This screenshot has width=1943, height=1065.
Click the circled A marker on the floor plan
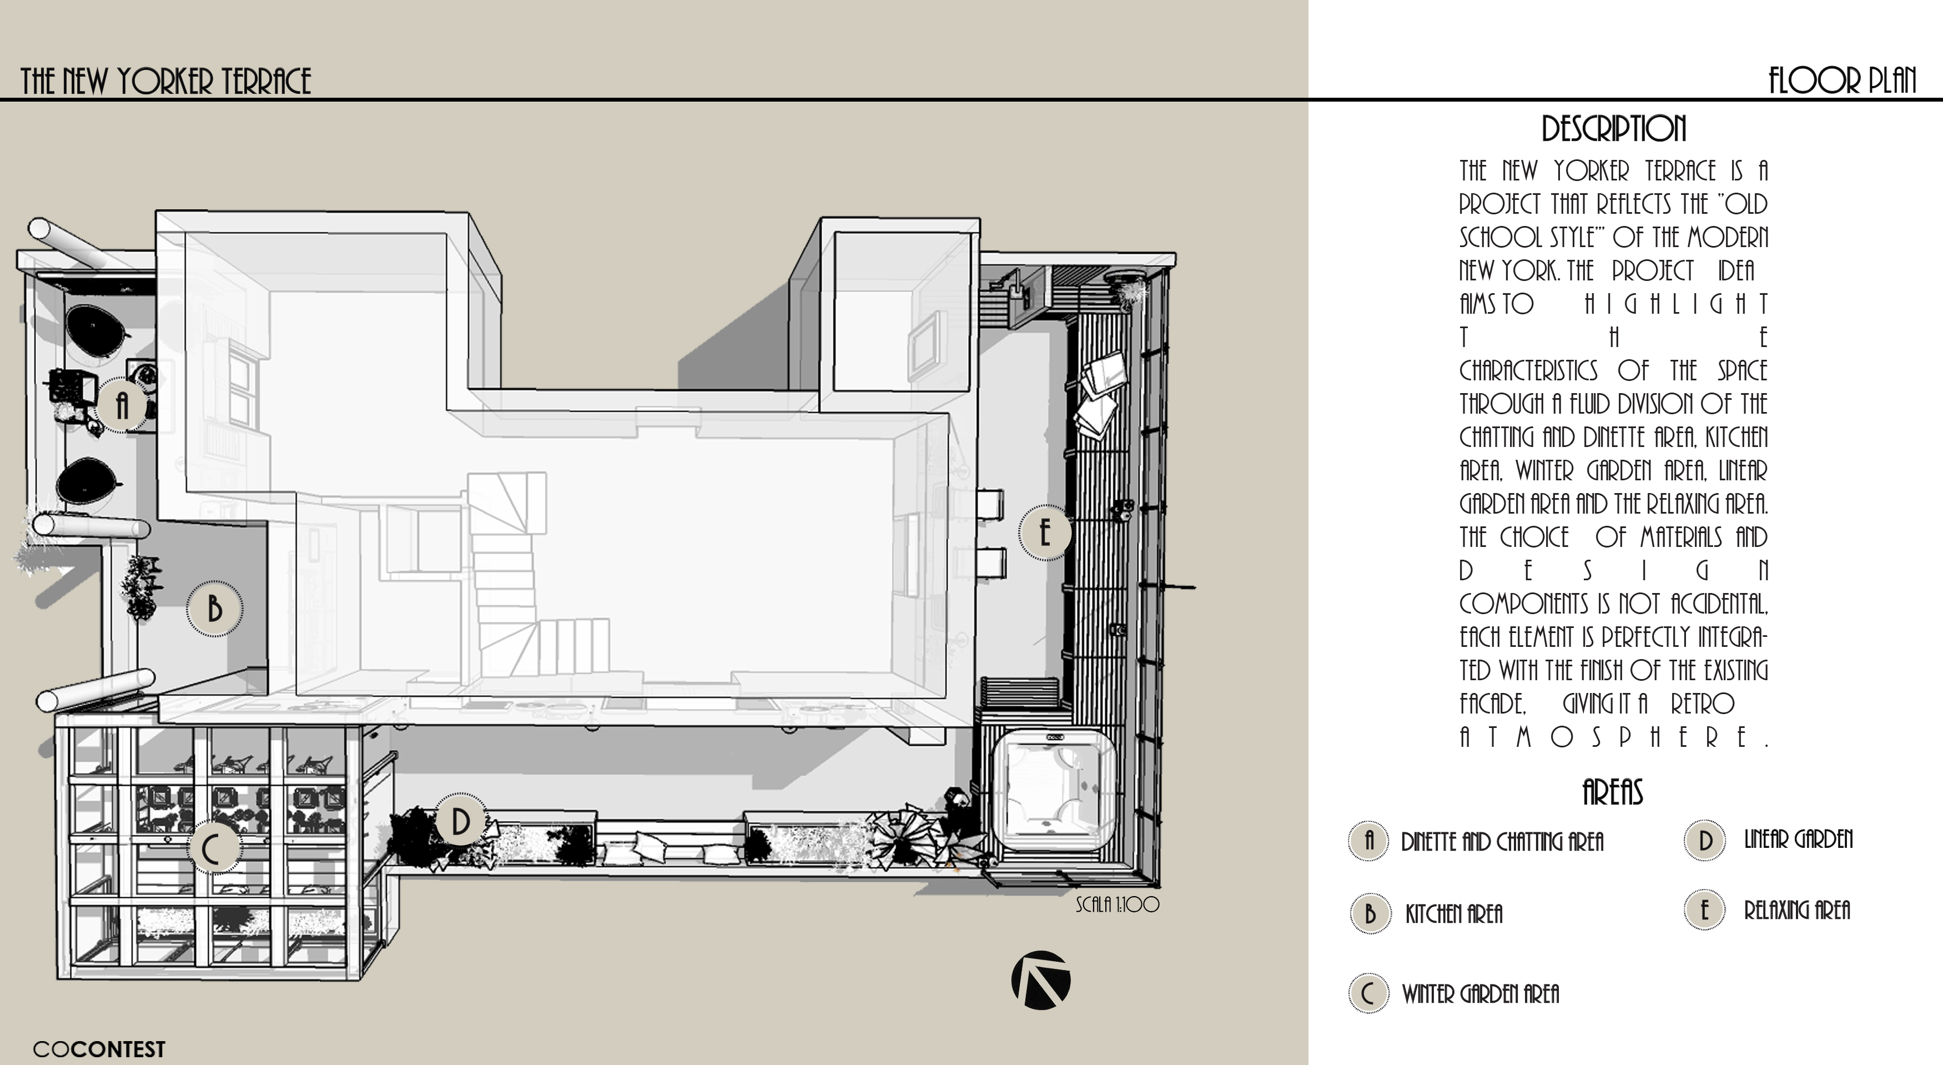pos(122,406)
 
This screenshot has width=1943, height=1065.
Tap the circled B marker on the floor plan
pos(215,609)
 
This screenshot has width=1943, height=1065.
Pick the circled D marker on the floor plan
pos(460,821)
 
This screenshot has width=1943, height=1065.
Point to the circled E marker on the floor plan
pos(1045,532)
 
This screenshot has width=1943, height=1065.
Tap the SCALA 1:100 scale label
pos(1117,905)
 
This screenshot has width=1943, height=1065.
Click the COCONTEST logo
pos(99,1049)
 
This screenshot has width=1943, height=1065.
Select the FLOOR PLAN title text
pos(1842,81)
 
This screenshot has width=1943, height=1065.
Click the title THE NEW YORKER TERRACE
pos(165,81)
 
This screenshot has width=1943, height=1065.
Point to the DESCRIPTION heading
pos(1613,129)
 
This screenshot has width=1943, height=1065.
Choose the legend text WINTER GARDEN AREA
pos(1480,994)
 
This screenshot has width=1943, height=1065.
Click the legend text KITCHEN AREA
pos(1453,914)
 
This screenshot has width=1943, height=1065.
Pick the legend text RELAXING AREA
pos(1796,911)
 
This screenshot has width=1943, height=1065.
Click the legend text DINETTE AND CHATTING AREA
pos(1502,842)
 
